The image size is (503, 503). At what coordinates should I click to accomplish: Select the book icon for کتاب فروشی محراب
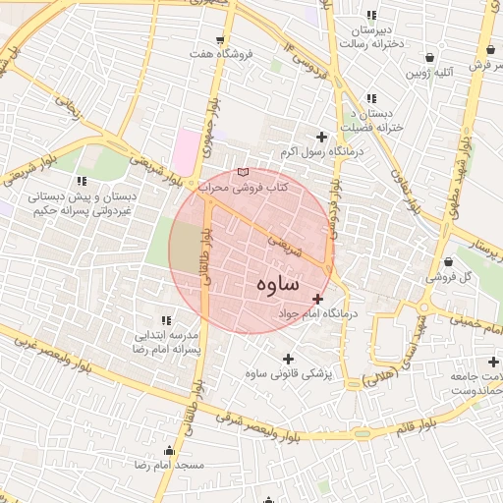[244, 173]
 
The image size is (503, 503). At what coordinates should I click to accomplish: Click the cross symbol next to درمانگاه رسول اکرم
[320, 137]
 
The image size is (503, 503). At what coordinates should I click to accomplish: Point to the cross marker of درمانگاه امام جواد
[316, 298]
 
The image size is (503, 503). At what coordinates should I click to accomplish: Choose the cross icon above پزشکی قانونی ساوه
[288, 359]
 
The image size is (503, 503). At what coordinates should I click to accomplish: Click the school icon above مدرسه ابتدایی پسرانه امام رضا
[165, 321]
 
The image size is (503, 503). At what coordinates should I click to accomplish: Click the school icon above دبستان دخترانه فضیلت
[370, 98]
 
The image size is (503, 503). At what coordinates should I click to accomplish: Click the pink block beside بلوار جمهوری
[184, 153]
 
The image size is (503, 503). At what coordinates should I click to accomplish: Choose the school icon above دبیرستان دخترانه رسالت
[370, 15]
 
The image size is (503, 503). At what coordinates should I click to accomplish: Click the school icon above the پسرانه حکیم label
[82, 181]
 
